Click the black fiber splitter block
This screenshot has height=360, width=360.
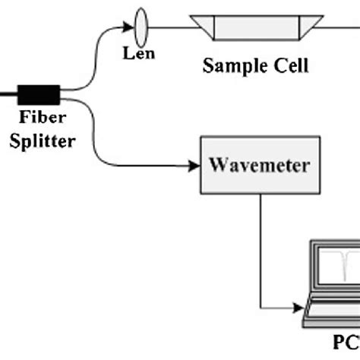38,94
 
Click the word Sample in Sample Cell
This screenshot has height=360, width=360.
232,66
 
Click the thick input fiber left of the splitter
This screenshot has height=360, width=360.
8,94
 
